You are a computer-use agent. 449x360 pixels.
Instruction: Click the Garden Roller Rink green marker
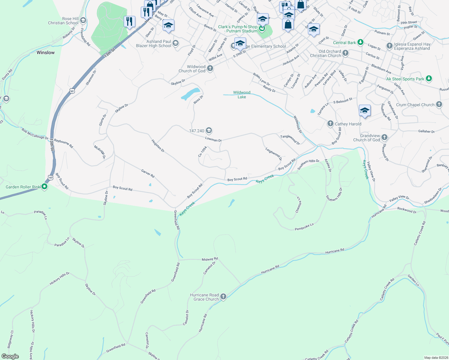(x=44, y=187)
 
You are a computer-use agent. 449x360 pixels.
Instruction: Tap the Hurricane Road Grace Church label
(x=204, y=297)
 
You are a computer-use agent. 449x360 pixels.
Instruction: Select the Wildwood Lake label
(x=242, y=95)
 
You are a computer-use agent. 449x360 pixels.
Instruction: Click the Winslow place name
(x=46, y=52)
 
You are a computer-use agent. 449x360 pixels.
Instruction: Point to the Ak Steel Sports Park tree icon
(x=429, y=79)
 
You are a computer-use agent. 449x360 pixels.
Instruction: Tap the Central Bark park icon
(x=360, y=42)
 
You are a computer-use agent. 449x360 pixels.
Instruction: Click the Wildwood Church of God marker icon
(x=210, y=68)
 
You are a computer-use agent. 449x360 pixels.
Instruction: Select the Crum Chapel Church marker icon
(x=439, y=104)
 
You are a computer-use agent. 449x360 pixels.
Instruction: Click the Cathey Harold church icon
(x=330, y=124)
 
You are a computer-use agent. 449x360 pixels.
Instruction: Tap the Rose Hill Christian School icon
(x=83, y=21)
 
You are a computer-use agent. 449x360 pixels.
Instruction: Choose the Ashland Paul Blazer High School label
(x=154, y=43)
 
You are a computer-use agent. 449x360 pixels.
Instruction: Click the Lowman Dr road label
(x=213, y=139)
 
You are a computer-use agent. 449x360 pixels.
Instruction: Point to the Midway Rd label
(x=210, y=259)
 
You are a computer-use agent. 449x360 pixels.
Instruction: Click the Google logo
(x=10, y=356)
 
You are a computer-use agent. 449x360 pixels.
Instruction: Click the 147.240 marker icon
(x=209, y=130)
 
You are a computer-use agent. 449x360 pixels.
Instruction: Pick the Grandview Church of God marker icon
(x=384, y=137)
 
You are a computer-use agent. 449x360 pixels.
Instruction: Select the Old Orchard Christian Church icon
(x=345, y=53)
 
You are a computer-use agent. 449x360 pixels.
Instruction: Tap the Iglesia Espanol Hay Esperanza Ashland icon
(x=389, y=46)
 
